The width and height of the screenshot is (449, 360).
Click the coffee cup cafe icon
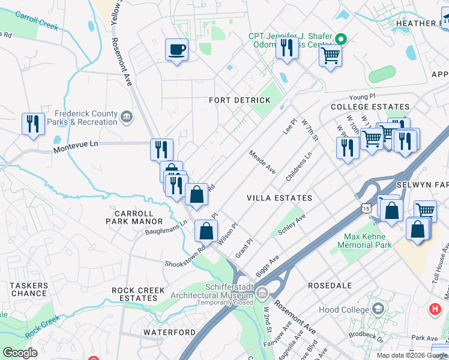pyautogui.click(x=176, y=50)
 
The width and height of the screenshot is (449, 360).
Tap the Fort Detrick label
pyautogui.click(x=240, y=100)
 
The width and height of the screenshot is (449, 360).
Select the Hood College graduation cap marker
pyautogui.click(x=378, y=308)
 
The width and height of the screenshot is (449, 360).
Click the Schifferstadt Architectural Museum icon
pyautogui.click(x=262, y=293)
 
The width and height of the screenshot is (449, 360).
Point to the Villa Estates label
pyautogui.click(x=279, y=197)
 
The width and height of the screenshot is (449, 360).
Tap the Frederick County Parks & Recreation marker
pyautogui.click(x=127, y=116)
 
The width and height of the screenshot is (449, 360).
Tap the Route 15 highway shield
pyautogui.click(x=366, y=208)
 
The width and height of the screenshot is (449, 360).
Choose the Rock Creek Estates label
pyautogui.click(x=138, y=294)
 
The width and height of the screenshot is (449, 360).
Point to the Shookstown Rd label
pyautogui.click(x=187, y=254)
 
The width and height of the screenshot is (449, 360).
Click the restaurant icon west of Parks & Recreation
pyautogui.click(x=32, y=124)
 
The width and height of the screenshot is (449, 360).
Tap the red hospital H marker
pyautogui.click(x=435, y=310)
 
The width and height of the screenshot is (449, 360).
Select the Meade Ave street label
pyautogui.click(x=263, y=163)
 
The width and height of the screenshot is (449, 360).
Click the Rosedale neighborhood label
pyautogui.click(x=329, y=286)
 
